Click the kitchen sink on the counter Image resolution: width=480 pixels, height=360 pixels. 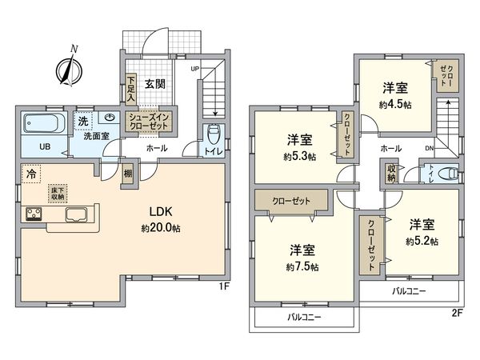[x=77, y=214]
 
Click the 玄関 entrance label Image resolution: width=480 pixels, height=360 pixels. [x=155, y=82]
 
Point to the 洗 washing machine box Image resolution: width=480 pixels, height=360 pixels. [x=83, y=121]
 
